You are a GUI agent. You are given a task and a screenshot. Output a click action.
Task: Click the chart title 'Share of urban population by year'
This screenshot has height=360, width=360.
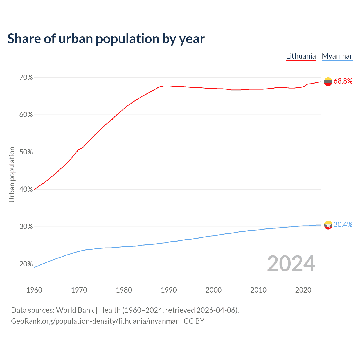pyautogui.click(x=106, y=39)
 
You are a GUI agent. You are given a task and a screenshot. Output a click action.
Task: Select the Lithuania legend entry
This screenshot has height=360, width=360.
pyautogui.click(x=301, y=56)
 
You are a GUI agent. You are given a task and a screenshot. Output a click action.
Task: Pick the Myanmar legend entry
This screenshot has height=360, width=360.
pyautogui.click(x=337, y=56)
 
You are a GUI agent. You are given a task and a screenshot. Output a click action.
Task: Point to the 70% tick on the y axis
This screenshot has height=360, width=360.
pyautogui.click(x=26, y=77)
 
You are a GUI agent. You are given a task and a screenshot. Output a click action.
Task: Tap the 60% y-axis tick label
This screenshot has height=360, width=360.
pyautogui.click(x=26, y=115)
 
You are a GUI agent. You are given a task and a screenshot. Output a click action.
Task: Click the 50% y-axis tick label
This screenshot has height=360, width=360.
pyautogui.click(x=26, y=152)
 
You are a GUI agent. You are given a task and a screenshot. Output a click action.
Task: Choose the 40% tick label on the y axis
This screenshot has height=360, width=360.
pyautogui.click(x=26, y=190)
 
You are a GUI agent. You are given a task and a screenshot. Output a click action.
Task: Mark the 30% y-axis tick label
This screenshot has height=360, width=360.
pyautogui.click(x=26, y=227)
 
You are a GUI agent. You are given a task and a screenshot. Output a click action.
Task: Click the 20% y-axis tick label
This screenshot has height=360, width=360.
pyautogui.click(x=26, y=264)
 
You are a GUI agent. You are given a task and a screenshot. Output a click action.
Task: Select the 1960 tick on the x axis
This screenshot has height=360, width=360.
pyautogui.click(x=34, y=290)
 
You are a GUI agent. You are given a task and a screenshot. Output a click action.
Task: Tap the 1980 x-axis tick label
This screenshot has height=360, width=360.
pyautogui.click(x=124, y=290)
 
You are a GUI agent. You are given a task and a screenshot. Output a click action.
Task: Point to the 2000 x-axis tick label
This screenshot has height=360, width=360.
pyautogui.click(x=214, y=290)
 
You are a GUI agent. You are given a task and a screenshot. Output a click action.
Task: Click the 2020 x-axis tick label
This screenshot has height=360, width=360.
pyautogui.click(x=303, y=290)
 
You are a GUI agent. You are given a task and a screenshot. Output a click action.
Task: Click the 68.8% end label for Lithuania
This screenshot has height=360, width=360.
pyautogui.click(x=343, y=81)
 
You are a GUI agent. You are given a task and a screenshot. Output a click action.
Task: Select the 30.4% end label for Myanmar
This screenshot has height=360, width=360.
pyautogui.click(x=343, y=224)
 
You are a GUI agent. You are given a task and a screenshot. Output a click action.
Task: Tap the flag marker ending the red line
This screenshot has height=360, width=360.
pyautogui.click(x=328, y=82)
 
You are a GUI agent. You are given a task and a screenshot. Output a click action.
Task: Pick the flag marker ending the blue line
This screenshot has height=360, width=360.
pyautogui.click(x=328, y=225)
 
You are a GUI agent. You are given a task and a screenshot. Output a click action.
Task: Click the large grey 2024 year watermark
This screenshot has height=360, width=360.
pyautogui.click(x=291, y=264)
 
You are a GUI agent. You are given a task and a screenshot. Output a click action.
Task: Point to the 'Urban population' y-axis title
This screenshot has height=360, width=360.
pyautogui.click(x=12, y=174)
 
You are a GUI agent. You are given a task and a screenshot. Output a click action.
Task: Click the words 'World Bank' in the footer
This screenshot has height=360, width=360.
pyautogui.click(x=75, y=310)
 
